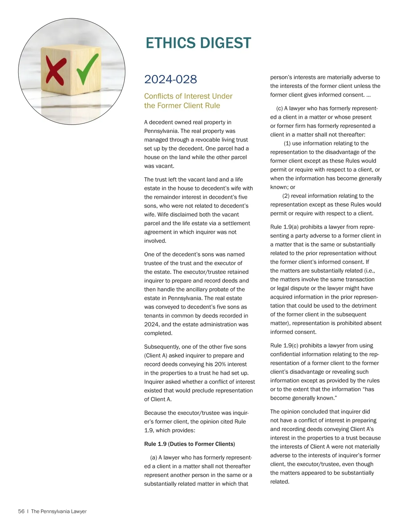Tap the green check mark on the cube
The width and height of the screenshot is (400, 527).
tap(87, 68)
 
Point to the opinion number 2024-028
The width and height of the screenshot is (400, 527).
tap(170, 79)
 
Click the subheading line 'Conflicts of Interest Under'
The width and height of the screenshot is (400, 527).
tap(188, 96)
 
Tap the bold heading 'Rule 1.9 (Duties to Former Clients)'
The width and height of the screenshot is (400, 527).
tap(189, 444)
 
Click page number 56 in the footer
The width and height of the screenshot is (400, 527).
tap(21, 511)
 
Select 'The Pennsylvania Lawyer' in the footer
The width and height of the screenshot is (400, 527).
tap(59, 511)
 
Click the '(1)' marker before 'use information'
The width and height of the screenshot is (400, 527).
tap(287, 143)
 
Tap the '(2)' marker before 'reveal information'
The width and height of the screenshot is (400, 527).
tap(286, 196)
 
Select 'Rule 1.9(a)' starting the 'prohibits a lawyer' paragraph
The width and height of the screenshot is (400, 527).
tap(284, 227)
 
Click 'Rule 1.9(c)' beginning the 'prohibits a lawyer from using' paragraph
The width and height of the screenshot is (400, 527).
tap(284, 345)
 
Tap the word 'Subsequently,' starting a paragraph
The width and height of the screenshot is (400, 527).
tap(162, 347)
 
